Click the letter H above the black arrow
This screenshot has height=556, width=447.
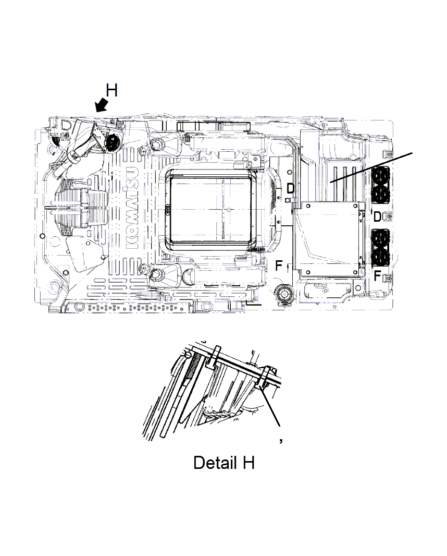coord(111,90)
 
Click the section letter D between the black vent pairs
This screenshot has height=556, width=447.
coord(378,215)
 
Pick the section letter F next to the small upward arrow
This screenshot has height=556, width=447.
coord(279,266)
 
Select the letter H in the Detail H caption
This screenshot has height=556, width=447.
coord(247,462)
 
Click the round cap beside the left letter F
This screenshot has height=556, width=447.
coord(285,293)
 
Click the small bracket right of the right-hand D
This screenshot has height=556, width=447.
coord(386,215)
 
